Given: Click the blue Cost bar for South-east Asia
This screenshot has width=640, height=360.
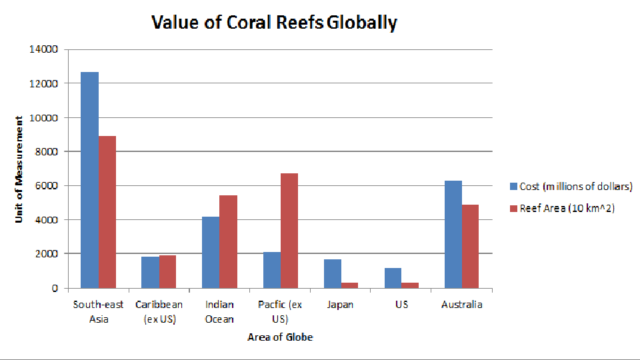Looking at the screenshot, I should click(x=89, y=180).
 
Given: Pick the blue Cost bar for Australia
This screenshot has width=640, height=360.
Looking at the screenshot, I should click(x=453, y=234).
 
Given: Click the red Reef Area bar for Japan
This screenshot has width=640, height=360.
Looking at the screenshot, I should click(x=349, y=285).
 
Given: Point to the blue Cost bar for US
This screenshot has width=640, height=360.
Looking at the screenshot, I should click(x=393, y=278).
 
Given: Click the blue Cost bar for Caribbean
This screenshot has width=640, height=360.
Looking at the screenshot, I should click(x=150, y=272).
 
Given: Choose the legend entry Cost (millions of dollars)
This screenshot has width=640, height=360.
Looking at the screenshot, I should click(x=571, y=187).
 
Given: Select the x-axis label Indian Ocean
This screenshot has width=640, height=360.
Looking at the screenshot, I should click(x=219, y=312).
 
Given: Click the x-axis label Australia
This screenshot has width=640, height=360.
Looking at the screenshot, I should click(x=461, y=305).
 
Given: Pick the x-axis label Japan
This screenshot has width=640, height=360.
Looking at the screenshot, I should click(x=341, y=305).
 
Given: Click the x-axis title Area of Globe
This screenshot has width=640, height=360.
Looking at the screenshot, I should click(x=280, y=337).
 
